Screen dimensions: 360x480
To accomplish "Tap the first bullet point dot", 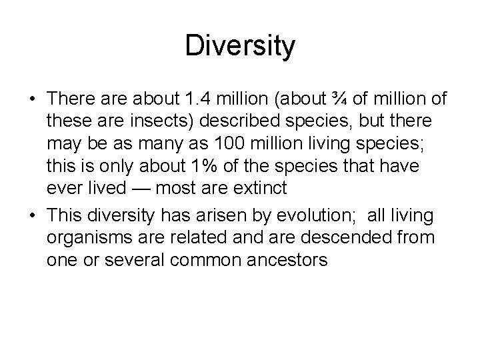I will pos(32,100).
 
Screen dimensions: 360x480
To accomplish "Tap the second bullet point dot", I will pos(32,215).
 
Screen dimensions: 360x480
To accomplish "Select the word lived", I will pos(105,188).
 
